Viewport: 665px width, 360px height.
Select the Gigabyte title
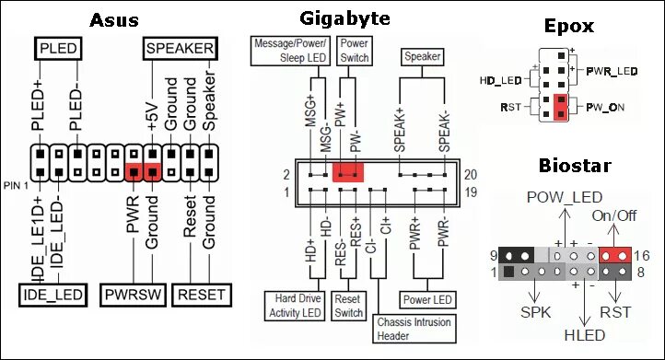(344, 18)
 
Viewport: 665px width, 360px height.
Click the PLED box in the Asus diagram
(59, 48)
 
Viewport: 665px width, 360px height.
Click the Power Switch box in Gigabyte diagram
(354, 51)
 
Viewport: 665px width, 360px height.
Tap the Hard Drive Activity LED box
(294, 306)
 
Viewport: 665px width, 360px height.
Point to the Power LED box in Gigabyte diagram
(427, 299)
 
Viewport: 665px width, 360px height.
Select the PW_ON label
(604, 108)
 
